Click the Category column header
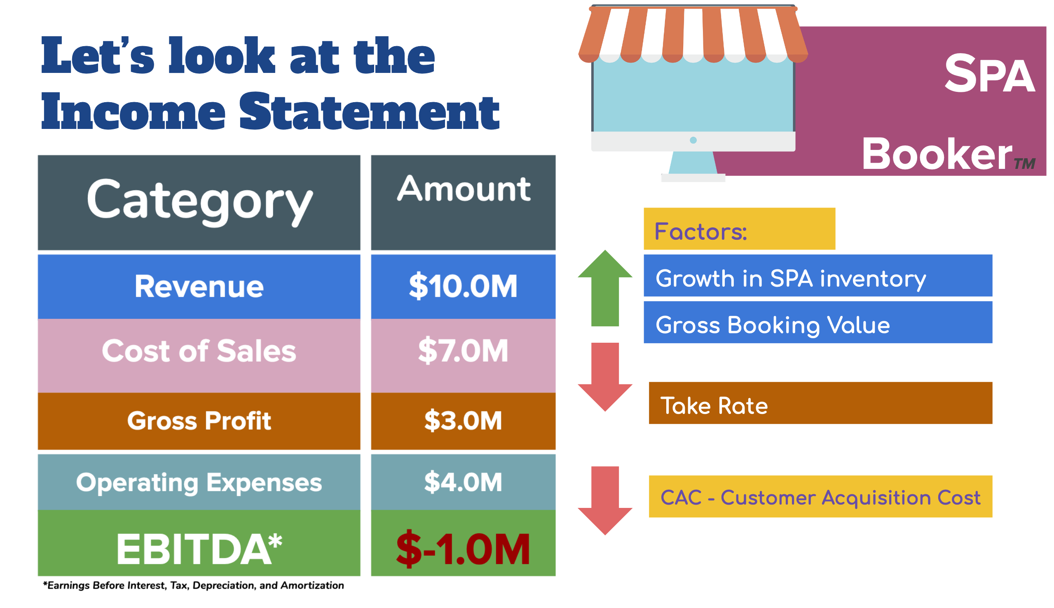199,203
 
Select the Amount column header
463,203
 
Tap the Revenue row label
199,286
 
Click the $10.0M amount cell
463,286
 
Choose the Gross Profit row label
199,421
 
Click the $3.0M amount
463,421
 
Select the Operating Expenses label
199,482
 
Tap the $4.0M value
463,482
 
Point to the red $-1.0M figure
463,549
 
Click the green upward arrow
605,288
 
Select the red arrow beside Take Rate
605,377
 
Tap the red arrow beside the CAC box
605,500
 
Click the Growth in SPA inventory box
818,276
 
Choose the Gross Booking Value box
818,323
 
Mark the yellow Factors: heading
740,229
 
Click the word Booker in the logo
937,154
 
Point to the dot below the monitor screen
693,140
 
